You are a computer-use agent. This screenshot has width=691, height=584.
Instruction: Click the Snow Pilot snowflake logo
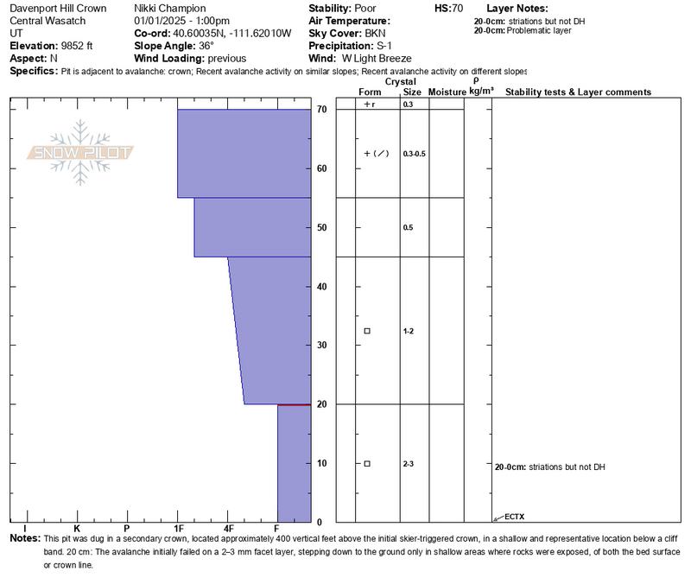tap(80, 152)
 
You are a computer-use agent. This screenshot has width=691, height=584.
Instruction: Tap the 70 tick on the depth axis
tap(321, 110)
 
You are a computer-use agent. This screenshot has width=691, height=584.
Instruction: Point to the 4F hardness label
tap(229, 529)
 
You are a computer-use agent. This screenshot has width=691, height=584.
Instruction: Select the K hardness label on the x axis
tap(77, 529)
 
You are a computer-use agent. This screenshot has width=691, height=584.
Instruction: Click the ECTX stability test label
tap(514, 517)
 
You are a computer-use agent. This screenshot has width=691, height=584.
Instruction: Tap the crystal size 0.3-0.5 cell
tap(415, 154)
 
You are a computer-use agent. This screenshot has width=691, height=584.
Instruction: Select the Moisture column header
tap(447, 92)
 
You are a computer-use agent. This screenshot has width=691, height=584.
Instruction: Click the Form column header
tap(370, 92)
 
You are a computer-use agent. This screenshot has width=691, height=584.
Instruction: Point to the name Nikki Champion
tap(170, 9)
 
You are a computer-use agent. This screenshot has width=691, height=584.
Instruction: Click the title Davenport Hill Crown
tap(58, 9)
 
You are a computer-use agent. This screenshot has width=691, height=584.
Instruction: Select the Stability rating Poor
tap(359, 9)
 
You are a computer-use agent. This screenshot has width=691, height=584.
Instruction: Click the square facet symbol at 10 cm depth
tap(367, 464)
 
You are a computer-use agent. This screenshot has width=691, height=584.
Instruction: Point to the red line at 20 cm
tap(294, 404)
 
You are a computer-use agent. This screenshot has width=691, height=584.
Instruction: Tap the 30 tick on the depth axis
tap(321, 346)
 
